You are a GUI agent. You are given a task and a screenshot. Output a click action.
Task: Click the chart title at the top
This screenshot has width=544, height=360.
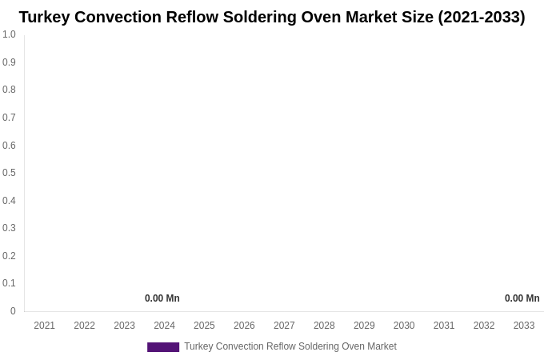[x=272, y=17]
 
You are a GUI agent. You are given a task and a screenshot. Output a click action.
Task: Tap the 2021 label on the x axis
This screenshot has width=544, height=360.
[x=44, y=326]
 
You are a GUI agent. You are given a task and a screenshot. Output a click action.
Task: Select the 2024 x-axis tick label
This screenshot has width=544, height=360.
[x=164, y=326]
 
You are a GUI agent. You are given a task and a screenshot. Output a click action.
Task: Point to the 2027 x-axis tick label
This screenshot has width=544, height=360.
[x=284, y=326]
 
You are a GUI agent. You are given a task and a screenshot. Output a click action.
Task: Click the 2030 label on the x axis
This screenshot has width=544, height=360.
[x=404, y=326]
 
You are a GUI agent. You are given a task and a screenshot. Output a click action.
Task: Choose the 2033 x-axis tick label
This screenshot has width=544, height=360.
[x=524, y=326]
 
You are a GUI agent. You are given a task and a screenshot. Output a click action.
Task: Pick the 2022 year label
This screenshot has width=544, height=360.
[x=84, y=326]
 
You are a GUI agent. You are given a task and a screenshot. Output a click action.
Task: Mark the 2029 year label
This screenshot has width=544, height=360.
[x=364, y=326]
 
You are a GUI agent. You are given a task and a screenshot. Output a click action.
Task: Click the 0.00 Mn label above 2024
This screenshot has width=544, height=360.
[x=162, y=298]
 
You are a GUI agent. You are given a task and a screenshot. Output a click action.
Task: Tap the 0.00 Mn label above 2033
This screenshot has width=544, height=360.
[x=522, y=298]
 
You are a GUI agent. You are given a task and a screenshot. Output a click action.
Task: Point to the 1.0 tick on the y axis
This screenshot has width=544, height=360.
[x=9, y=34]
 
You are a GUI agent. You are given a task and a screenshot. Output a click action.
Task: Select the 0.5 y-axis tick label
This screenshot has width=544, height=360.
[x=9, y=173]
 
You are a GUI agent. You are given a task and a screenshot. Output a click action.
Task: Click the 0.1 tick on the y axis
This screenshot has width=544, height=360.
[x=9, y=283]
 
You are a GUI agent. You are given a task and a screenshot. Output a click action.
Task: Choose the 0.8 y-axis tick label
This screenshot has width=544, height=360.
[x=9, y=90]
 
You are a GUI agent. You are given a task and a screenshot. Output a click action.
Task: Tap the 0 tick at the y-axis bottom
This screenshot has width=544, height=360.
[x=13, y=311]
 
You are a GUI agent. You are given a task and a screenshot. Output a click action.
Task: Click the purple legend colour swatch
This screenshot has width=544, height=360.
[x=163, y=347]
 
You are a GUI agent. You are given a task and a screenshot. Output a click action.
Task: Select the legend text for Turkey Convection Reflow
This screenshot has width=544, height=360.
[x=290, y=346]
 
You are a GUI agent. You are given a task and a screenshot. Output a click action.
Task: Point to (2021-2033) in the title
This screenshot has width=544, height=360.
[x=481, y=17]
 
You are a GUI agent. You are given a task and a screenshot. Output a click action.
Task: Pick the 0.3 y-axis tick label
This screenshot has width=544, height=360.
[x=9, y=228]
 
